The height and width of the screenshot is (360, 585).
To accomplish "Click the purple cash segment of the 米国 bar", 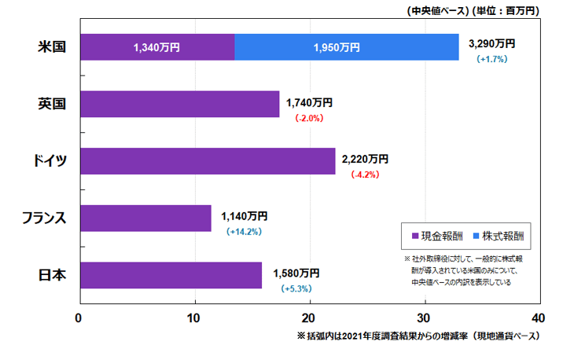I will [157, 47].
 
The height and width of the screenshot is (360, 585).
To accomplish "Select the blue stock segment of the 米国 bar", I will [346, 47].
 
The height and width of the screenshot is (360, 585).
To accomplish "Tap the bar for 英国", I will [179, 104].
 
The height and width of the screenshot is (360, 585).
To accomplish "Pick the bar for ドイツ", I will [208, 160].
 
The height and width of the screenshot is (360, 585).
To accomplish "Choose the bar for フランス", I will [145, 218].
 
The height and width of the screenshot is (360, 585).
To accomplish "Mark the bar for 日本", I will [171, 274].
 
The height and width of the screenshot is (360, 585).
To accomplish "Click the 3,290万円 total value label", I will [491, 43].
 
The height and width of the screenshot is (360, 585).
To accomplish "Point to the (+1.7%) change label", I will [491, 59].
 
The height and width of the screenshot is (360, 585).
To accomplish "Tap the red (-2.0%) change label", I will [309, 118].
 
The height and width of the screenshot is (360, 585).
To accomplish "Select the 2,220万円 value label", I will [365, 159].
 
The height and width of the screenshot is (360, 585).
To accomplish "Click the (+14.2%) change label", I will [244, 232].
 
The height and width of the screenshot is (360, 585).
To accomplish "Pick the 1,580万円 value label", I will [296, 274].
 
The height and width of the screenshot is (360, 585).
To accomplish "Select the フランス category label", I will [44, 218].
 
